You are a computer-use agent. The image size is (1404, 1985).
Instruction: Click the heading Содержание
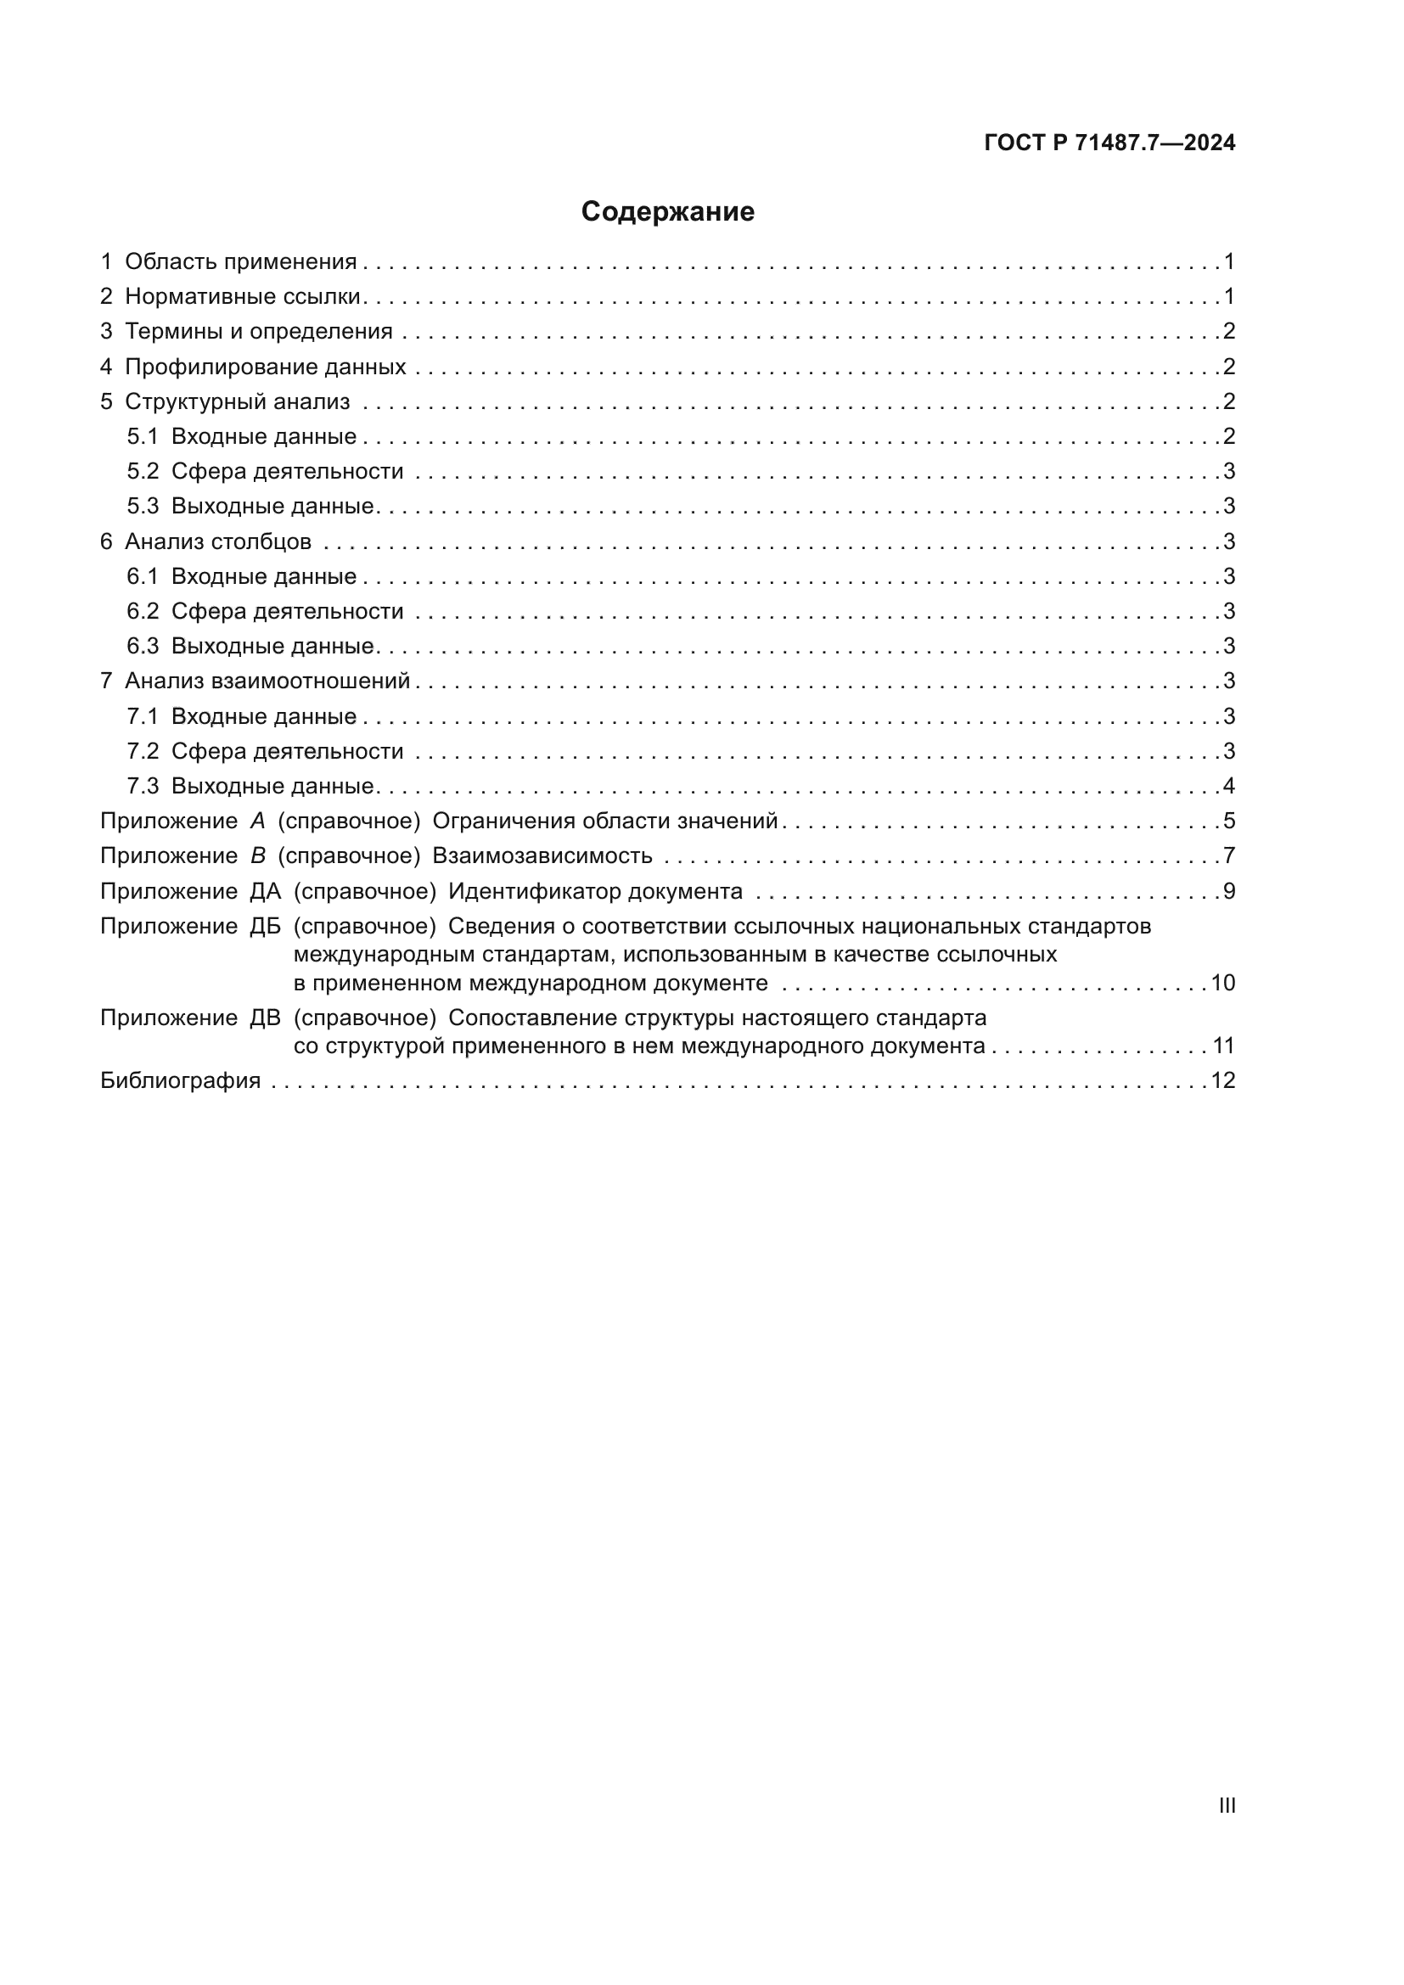[667, 212]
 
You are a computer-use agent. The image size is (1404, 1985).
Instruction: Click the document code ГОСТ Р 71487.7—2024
[1109, 143]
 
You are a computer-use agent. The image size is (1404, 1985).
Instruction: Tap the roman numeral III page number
[1227, 1805]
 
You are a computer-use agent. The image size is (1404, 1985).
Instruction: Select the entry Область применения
[240, 262]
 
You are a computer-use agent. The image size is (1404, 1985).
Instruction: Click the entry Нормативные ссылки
[242, 296]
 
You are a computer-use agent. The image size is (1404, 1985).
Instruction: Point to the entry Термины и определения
[258, 331]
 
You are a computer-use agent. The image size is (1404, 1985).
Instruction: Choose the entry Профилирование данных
[265, 367]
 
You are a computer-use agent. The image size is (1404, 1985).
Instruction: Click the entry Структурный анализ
[237, 401]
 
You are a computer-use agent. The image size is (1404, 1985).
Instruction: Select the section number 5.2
[143, 471]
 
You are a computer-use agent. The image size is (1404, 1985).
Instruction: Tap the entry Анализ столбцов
[218, 542]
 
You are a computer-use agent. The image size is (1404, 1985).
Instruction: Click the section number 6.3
[143, 646]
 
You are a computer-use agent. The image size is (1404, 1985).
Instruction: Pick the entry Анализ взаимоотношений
[267, 681]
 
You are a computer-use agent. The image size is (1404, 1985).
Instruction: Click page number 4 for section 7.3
[1228, 786]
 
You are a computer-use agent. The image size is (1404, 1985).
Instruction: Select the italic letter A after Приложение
[258, 821]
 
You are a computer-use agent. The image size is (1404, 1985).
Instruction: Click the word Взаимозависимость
[542, 856]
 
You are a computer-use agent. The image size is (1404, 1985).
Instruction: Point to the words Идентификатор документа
[595, 891]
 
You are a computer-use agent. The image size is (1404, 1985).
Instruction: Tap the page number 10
[1222, 983]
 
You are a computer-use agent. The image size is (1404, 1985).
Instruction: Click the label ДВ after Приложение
[266, 1018]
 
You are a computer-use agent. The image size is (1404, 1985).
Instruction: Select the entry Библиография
[181, 1080]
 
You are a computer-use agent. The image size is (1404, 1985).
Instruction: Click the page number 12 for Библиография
[1222, 1080]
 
